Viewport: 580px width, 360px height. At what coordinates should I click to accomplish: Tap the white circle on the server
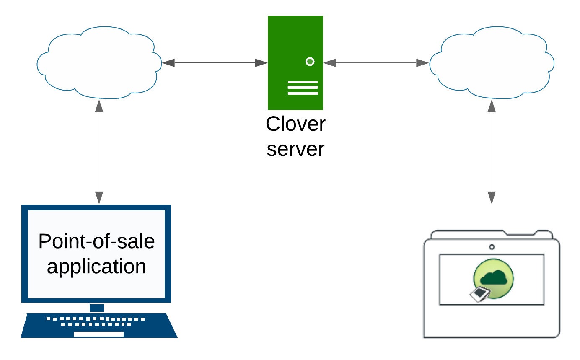pos(310,62)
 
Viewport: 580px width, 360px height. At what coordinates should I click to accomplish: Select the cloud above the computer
pos(99,63)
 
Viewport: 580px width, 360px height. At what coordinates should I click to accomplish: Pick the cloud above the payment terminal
pos(492,63)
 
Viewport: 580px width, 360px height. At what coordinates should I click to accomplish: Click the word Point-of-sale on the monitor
pos(96,241)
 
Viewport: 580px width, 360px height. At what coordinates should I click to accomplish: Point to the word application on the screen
pos(96,267)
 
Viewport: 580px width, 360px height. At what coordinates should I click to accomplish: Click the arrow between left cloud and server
pos(215,63)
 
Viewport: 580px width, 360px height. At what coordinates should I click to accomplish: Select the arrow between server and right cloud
pos(376,63)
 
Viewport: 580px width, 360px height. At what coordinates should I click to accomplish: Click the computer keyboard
pos(99,325)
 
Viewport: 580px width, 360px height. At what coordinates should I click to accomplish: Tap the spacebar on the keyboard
pos(99,334)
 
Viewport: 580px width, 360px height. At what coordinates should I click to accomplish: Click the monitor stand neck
pos(97,308)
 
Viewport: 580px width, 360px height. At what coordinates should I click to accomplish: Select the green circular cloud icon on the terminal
pos(494,278)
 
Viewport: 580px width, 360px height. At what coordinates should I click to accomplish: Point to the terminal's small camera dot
pos(492,247)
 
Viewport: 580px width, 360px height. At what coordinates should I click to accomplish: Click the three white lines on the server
pos(303,88)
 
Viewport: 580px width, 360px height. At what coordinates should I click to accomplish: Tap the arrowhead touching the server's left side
pos(262,63)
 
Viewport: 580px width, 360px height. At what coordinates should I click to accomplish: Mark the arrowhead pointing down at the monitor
pos(99,198)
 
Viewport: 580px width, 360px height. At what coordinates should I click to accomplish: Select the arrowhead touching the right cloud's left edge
pos(423,63)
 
